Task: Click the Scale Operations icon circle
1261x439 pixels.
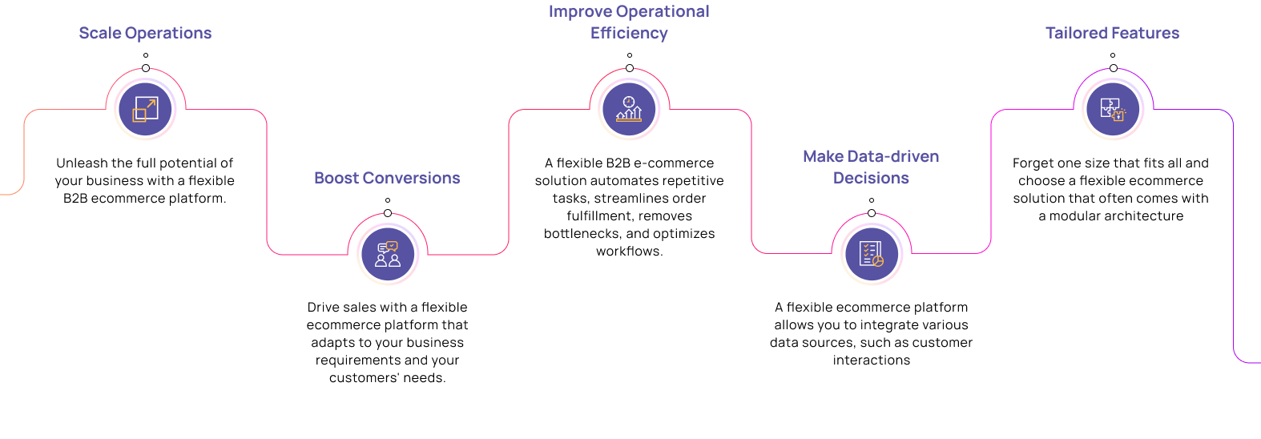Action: [x=146, y=109]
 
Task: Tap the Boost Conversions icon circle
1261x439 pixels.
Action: [x=388, y=254]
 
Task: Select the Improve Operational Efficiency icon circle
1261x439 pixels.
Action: [x=629, y=109]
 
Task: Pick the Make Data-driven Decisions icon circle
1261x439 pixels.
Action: [x=872, y=254]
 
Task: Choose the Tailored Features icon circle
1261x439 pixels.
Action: [x=1113, y=109]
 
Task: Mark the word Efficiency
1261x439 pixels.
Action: [x=629, y=33]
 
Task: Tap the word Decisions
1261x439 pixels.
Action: [x=871, y=178]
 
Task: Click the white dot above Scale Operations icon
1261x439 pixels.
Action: [x=146, y=68]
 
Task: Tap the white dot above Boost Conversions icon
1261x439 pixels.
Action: [x=388, y=213]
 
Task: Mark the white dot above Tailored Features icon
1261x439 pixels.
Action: [x=1113, y=68]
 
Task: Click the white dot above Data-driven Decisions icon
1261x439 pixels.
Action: [x=872, y=213]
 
